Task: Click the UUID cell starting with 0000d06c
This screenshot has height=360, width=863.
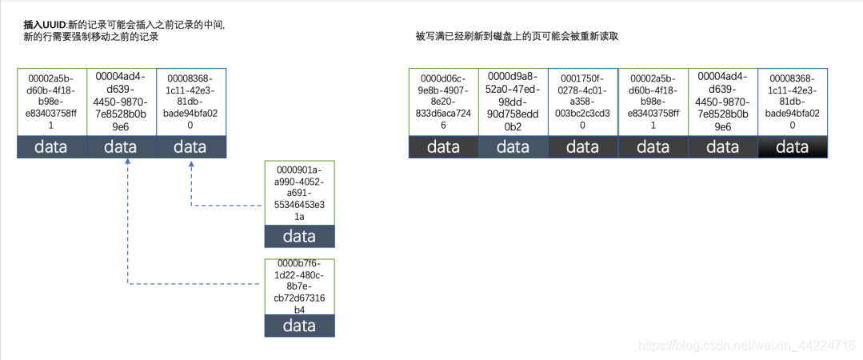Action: coord(443,102)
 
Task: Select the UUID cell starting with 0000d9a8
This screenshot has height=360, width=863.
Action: coord(513,102)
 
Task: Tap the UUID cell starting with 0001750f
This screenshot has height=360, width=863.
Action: coord(583,102)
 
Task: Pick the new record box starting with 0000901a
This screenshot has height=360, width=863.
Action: coord(299,193)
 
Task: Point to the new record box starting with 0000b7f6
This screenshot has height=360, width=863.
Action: coord(299,286)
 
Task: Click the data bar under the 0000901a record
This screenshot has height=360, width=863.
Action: coord(299,236)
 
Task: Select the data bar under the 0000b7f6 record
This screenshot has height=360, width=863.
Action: coord(299,326)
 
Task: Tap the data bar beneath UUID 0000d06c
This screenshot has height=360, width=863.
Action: coord(443,147)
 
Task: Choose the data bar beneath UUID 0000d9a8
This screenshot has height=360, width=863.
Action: coord(513,147)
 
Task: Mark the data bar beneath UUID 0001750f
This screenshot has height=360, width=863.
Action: coord(583,147)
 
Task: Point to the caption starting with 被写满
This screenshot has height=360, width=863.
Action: coord(517,37)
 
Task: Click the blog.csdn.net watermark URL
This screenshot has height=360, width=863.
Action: coord(747,345)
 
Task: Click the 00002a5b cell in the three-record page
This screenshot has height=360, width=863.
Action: coord(51,102)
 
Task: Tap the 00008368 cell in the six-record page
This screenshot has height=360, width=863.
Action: coord(792,102)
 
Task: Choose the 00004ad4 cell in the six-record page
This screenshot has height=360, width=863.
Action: coord(722,102)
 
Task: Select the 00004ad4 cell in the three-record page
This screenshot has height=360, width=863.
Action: coord(121,102)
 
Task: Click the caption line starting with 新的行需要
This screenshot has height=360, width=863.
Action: coord(92,37)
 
